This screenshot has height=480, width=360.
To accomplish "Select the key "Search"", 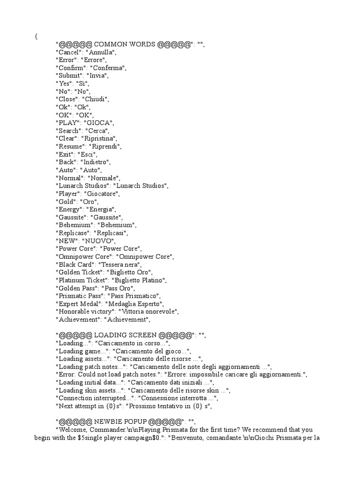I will click(x=69, y=130).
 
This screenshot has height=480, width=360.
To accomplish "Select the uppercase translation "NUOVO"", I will click(x=97, y=240).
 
